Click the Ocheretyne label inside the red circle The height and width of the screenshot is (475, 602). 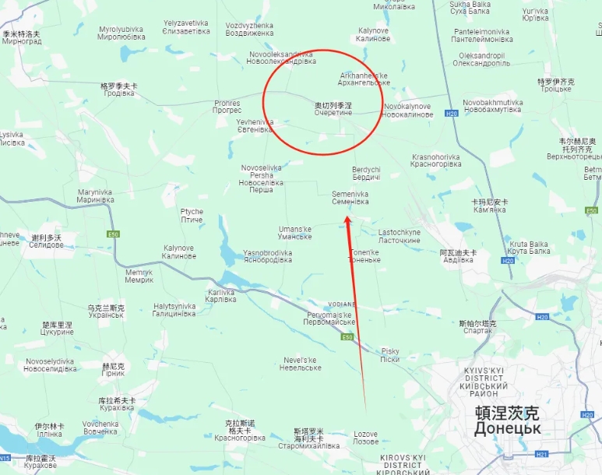click(333, 109)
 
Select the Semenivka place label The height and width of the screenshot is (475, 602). click(350, 198)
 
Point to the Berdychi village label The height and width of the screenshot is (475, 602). click(366, 174)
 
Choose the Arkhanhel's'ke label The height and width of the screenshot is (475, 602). click(364, 79)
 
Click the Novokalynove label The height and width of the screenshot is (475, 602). click(408, 110)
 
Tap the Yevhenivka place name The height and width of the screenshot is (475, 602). click(255, 125)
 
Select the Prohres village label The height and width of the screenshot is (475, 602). click(227, 107)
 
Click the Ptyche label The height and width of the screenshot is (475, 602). click(192, 216)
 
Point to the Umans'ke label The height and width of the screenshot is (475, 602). click(294, 232)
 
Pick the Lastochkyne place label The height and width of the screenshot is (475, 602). click(400, 236)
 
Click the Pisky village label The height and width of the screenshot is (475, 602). click(389, 355)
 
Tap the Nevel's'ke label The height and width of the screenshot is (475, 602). click(300, 364)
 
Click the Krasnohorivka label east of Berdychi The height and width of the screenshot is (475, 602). click(435, 160)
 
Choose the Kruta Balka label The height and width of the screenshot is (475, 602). click(529, 247)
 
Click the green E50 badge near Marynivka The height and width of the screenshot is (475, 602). click(113, 234)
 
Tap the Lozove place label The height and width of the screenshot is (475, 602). click(365, 438)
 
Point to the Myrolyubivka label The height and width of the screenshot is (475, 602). click(121, 33)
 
